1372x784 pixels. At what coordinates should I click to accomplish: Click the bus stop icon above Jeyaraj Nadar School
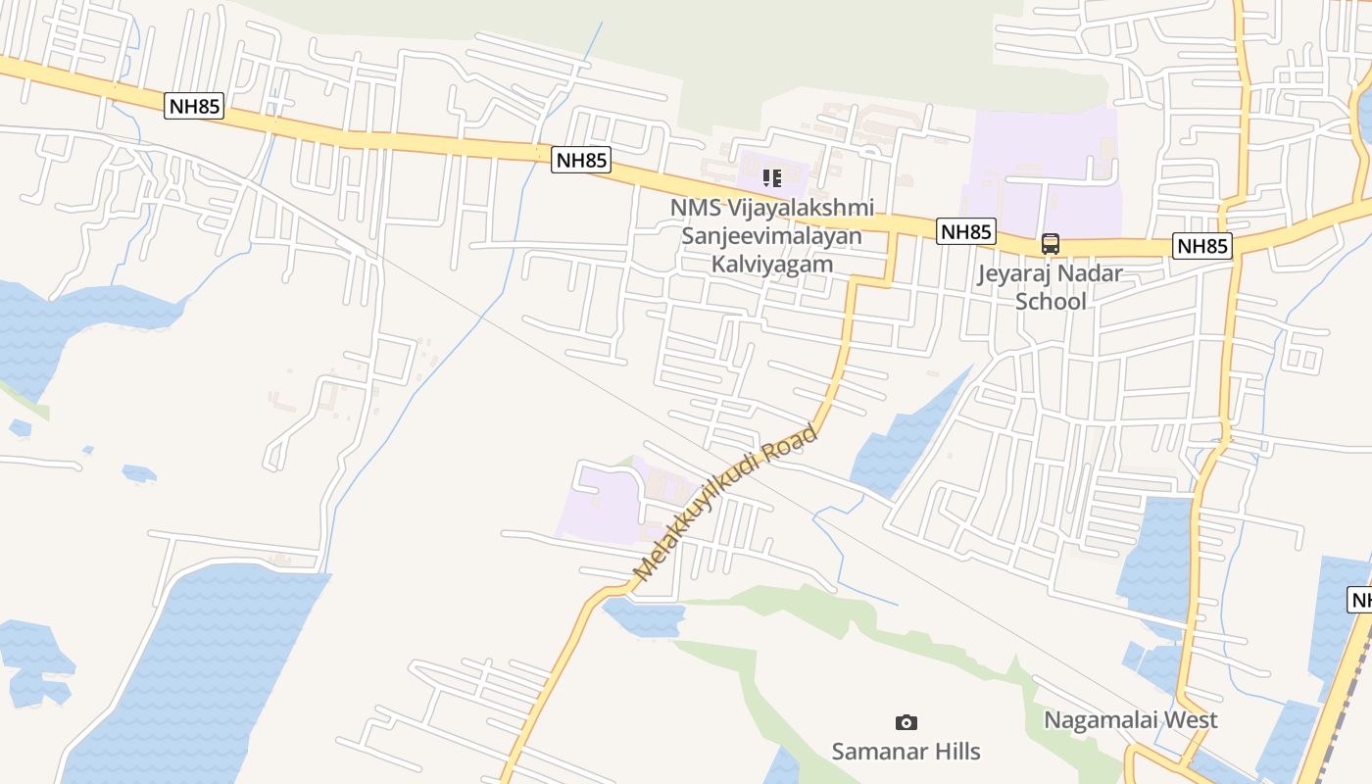point(1051,243)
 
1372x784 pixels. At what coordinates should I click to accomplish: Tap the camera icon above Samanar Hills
point(906,722)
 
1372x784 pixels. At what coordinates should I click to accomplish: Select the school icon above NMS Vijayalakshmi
point(772,178)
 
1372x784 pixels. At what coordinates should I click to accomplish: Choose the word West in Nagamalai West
point(1190,720)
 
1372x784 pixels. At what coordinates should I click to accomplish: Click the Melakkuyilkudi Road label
point(724,502)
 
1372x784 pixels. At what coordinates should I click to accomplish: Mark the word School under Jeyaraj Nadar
point(1051,301)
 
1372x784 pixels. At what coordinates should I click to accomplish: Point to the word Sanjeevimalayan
point(772,236)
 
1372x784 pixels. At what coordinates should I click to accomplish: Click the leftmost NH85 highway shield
point(194,106)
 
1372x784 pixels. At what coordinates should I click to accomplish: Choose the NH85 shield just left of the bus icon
point(966,232)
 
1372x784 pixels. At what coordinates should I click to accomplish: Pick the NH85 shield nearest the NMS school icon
point(581,160)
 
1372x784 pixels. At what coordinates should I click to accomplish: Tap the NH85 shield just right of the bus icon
point(1202,246)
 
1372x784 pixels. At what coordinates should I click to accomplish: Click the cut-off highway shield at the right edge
point(1361,600)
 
